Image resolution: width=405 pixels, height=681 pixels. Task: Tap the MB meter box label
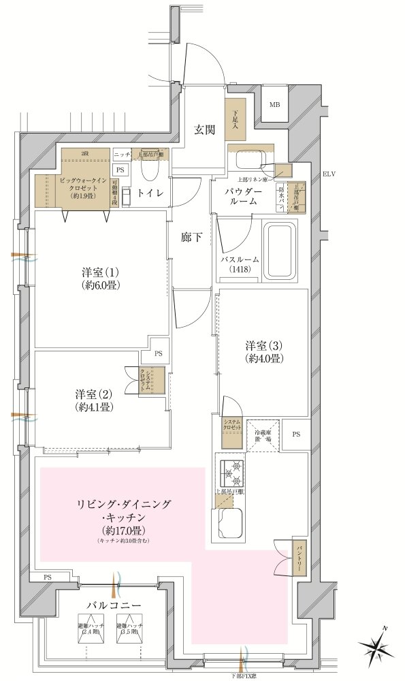(x=274, y=105)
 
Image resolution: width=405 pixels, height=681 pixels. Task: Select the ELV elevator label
(x=330, y=174)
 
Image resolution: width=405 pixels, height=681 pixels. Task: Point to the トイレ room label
(x=150, y=193)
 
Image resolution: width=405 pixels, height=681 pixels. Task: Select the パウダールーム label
(x=243, y=196)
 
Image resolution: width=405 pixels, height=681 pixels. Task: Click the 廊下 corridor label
(x=191, y=238)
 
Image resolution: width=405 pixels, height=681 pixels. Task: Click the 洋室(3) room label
(x=265, y=351)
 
